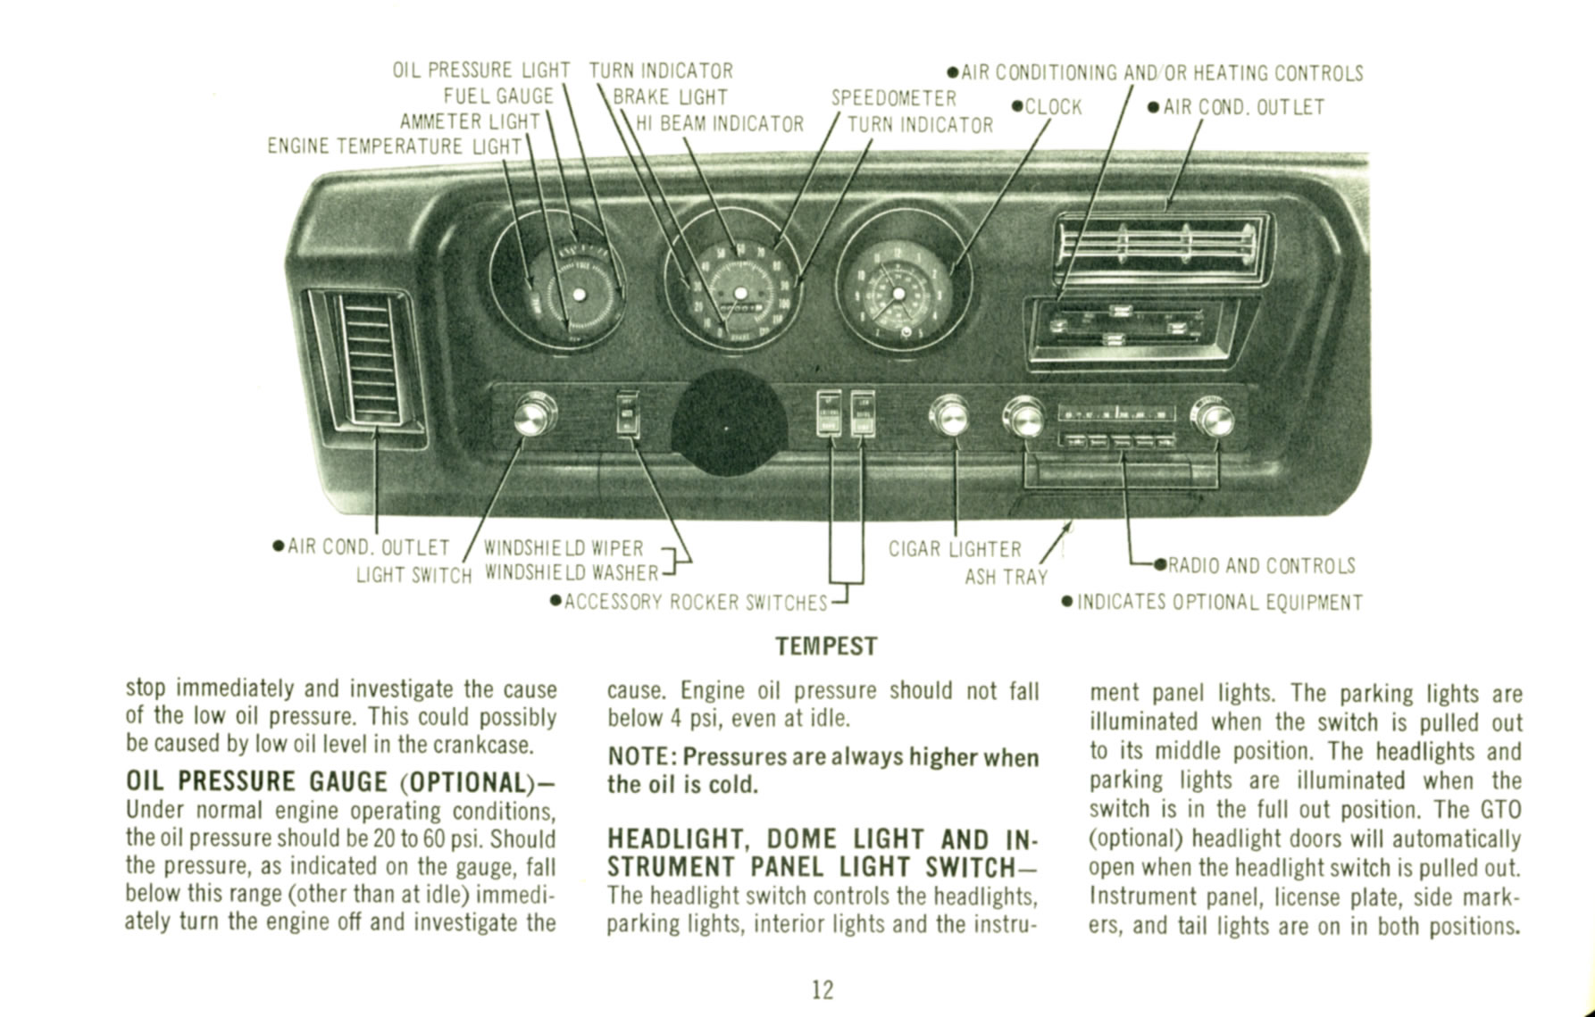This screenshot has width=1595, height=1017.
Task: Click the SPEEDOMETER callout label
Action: click(893, 97)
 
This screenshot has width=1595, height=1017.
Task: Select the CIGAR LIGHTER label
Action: click(954, 549)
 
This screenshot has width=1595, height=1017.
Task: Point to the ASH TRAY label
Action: click(1006, 578)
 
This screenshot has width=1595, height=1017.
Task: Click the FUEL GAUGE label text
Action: click(498, 96)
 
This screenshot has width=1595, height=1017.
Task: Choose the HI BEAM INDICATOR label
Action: click(719, 124)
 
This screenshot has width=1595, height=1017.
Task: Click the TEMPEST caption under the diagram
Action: click(826, 646)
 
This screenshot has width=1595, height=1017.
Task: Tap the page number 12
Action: click(822, 988)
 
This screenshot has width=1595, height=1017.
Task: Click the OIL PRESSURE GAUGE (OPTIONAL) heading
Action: click(339, 781)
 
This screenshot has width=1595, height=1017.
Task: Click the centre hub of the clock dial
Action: click(898, 295)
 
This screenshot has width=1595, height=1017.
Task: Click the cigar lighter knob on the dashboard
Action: click(949, 417)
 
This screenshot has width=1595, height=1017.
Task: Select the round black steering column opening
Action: click(728, 424)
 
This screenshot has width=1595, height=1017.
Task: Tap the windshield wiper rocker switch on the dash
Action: click(629, 415)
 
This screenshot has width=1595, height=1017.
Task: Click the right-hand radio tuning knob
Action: click(1215, 419)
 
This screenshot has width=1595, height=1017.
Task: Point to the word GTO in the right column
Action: click(1500, 810)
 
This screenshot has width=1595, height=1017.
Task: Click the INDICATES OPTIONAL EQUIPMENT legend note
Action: click(1219, 603)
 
